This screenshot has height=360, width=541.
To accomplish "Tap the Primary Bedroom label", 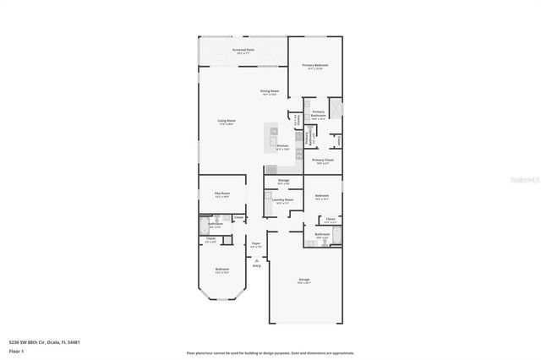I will click(316, 64).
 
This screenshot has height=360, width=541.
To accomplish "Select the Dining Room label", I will click(270, 91).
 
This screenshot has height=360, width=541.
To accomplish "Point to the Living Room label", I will click(225, 121).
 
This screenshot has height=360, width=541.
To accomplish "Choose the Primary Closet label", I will click(323, 160).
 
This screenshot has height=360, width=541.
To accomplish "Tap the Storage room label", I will click(283, 180).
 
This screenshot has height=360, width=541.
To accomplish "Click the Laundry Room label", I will click(283, 200).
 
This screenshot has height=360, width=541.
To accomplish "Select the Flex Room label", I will click(221, 194).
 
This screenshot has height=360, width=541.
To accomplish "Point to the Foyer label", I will click(255, 244).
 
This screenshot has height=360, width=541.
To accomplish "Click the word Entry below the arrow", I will click(256, 266).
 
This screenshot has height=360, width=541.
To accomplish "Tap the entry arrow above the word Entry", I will click(256, 259).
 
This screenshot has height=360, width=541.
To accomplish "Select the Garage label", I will click(303, 280).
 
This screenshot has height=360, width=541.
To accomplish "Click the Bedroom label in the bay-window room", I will click(221, 270).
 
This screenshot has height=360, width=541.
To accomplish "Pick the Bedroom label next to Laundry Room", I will click(321, 196).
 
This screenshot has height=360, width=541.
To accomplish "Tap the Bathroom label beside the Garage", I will click(322, 234).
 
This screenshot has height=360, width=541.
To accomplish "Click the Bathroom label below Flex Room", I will click(216, 224).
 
